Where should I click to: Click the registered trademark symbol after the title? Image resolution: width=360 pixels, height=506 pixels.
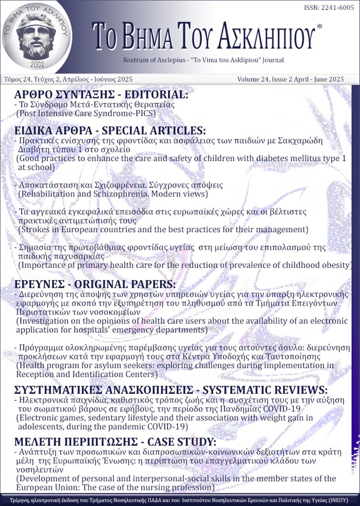click(x=319, y=26)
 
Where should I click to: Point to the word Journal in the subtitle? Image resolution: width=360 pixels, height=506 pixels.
click(x=272, y=60)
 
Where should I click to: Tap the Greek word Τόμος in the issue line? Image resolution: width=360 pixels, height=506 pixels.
click(x=14, y=79)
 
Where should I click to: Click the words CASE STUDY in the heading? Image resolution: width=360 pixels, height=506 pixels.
click(x=178, y=442)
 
